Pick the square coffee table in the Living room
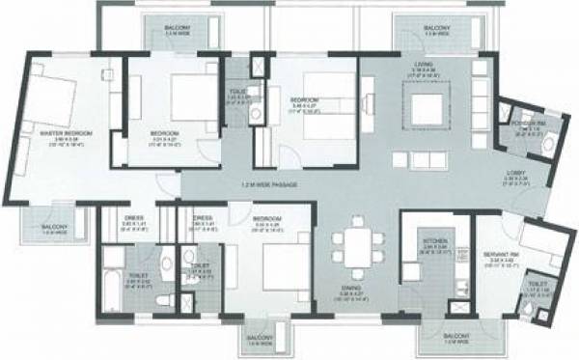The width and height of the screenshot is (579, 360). pyautogui.click(x=422, y=105)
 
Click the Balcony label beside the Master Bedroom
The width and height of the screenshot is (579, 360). pyautogui.click(x=53, y=229)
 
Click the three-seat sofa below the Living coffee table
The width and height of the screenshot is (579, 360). pyautogui.click(x=422, y=157)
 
